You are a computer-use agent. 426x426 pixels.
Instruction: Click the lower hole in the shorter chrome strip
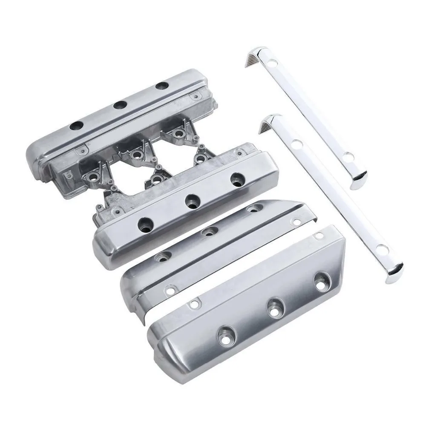coord(348,156)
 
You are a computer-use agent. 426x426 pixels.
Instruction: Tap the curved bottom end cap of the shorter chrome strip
coord(360,182)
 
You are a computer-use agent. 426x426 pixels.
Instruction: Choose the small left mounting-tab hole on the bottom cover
coord(195,304)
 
